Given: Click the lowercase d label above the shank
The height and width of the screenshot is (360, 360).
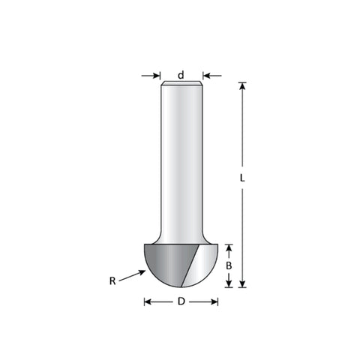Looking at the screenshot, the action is point(181,75).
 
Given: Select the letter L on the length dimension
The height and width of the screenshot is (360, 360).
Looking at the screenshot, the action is point(242,178).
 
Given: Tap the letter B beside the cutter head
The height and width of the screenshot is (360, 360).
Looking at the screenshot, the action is point(229,265).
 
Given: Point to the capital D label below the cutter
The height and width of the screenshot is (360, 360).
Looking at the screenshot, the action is point(181,301).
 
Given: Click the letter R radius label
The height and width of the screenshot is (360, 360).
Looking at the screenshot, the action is point(112,281).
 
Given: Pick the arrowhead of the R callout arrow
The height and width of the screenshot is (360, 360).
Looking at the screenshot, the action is point(142,272).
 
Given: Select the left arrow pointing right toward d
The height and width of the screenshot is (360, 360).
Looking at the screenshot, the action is point(151,75).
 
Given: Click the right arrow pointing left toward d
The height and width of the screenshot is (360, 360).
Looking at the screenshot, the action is point(212,75).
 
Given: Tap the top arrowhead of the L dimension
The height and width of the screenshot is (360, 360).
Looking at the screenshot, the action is point(242,85).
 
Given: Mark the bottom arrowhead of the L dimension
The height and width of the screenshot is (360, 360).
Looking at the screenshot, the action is point(242,283).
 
